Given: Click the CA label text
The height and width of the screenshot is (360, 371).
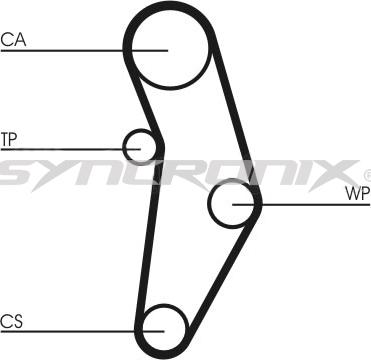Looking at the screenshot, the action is pyautogui.click(x=13, y=41).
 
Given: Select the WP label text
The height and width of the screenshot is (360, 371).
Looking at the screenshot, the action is pyautogui.click(x=356, y=192).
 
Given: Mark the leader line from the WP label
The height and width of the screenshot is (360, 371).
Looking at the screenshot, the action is pyautogui.click(x=300, y=204).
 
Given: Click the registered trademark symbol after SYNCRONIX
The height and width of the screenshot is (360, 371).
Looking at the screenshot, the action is pyautogui.click(x=366, y=173).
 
